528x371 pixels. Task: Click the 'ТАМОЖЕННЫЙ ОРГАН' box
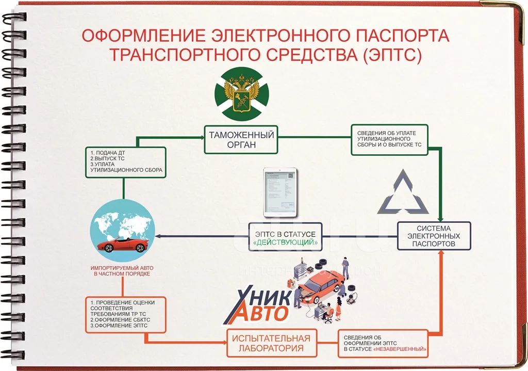point(241,139)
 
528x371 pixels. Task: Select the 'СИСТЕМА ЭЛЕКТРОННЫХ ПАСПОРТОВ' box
point(434,235)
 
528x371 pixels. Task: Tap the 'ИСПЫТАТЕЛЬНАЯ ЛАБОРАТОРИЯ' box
point(271,343)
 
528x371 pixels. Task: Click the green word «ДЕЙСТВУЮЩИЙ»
point(285,243)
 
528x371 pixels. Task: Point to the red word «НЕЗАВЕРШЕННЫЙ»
point(400,349)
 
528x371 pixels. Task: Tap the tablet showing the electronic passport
point(280,192)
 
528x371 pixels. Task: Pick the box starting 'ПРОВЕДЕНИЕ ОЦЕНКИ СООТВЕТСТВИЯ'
point(126,314)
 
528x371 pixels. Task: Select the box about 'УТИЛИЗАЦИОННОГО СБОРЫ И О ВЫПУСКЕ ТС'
point(389,139)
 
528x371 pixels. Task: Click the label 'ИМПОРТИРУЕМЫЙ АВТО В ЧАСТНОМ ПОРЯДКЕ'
point(122,271)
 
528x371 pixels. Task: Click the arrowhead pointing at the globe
point(158,236)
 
